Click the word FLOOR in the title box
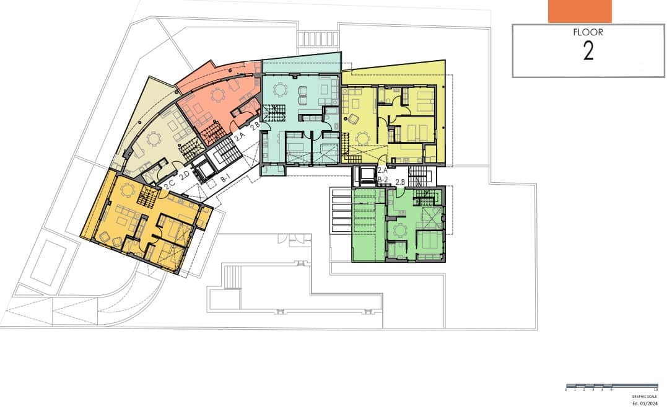588,33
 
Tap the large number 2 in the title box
588,52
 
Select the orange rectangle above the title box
579,11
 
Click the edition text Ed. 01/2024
643,403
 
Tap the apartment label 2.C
169,183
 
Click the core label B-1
225,178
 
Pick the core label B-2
383,180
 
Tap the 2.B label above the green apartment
400,182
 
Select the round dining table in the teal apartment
281,90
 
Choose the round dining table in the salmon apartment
218,95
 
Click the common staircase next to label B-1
227,152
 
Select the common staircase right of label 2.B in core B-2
419,175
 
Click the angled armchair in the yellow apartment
353,119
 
